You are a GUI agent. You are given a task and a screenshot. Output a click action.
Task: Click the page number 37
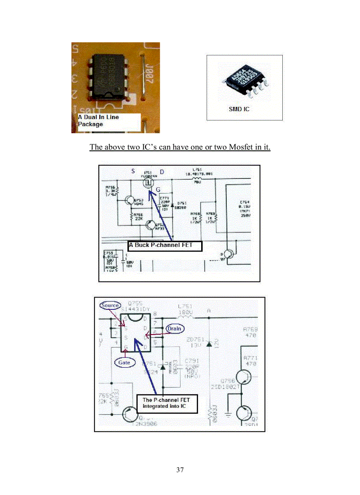click(x=180, y=469)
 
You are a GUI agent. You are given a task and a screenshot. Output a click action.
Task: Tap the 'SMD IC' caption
click(x=239, y=109)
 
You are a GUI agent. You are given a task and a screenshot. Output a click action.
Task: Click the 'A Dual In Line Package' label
click(x=99, y=121)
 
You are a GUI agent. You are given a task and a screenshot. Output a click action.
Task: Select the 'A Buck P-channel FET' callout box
click(x=165, y=245)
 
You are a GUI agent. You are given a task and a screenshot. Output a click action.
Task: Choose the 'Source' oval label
click(x=110, y=305)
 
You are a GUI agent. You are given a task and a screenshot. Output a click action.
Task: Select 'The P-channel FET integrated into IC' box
click(x=167, y=403)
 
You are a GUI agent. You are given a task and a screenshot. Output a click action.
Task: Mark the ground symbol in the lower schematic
click(x=228, y=415)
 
